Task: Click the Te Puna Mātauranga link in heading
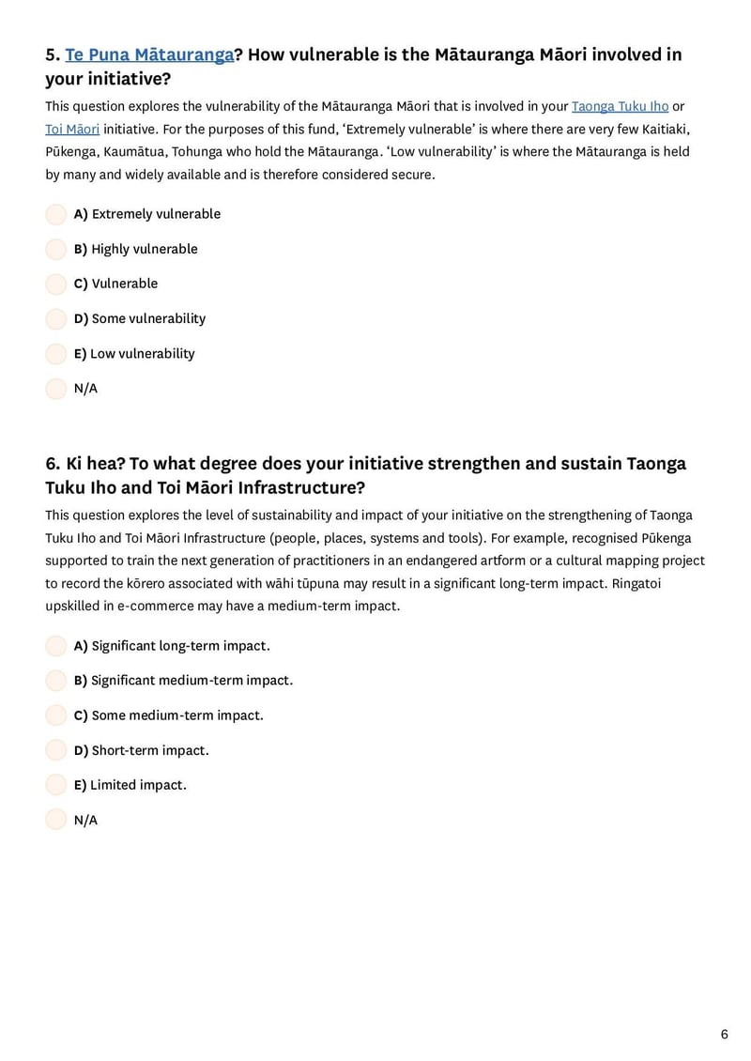[x=149, y=54]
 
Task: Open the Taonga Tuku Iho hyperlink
[x=620, y=106]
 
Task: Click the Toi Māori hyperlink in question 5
[x=72, y=129]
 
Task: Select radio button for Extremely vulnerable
[x=56, y=214]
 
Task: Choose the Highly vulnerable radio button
[x=56, y=249]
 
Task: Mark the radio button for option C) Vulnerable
[x=56, y=284]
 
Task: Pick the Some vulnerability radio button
[x=56, y=318]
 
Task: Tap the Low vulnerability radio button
[x=56, y=354]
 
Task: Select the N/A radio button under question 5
[x=56, y=389]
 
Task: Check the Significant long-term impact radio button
[x=56, y=646]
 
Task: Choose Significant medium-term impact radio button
[x=56, y=680]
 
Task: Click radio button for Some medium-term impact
[x=56, y=715]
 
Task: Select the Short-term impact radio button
[x=56, y=750]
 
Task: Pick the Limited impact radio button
[x=56, y=785]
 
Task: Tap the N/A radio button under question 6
[x=56, y=820]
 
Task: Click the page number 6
[x=724, y=1034]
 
